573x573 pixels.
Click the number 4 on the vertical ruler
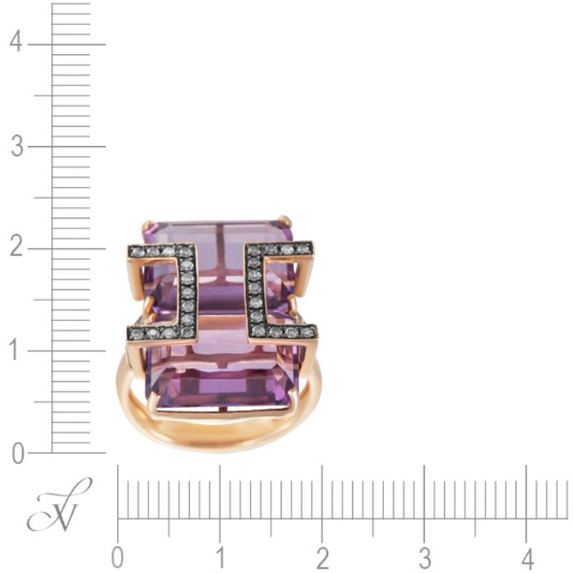[x=16, y=42]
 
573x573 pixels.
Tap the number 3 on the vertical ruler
[x=16, y=146]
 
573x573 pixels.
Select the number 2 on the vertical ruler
[x=16, y=246]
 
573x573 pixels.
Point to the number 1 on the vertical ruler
[x=14, y=350]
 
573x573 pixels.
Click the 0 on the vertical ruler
[x=18, y=453]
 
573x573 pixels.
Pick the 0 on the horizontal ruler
[x=117, y=558]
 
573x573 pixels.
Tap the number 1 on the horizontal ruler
[x=220, y=558]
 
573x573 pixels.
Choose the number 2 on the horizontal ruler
[x=322, y=558]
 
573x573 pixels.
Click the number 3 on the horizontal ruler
[x=425, y=558]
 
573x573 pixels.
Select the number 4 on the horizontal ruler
[x=526, y=558]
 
